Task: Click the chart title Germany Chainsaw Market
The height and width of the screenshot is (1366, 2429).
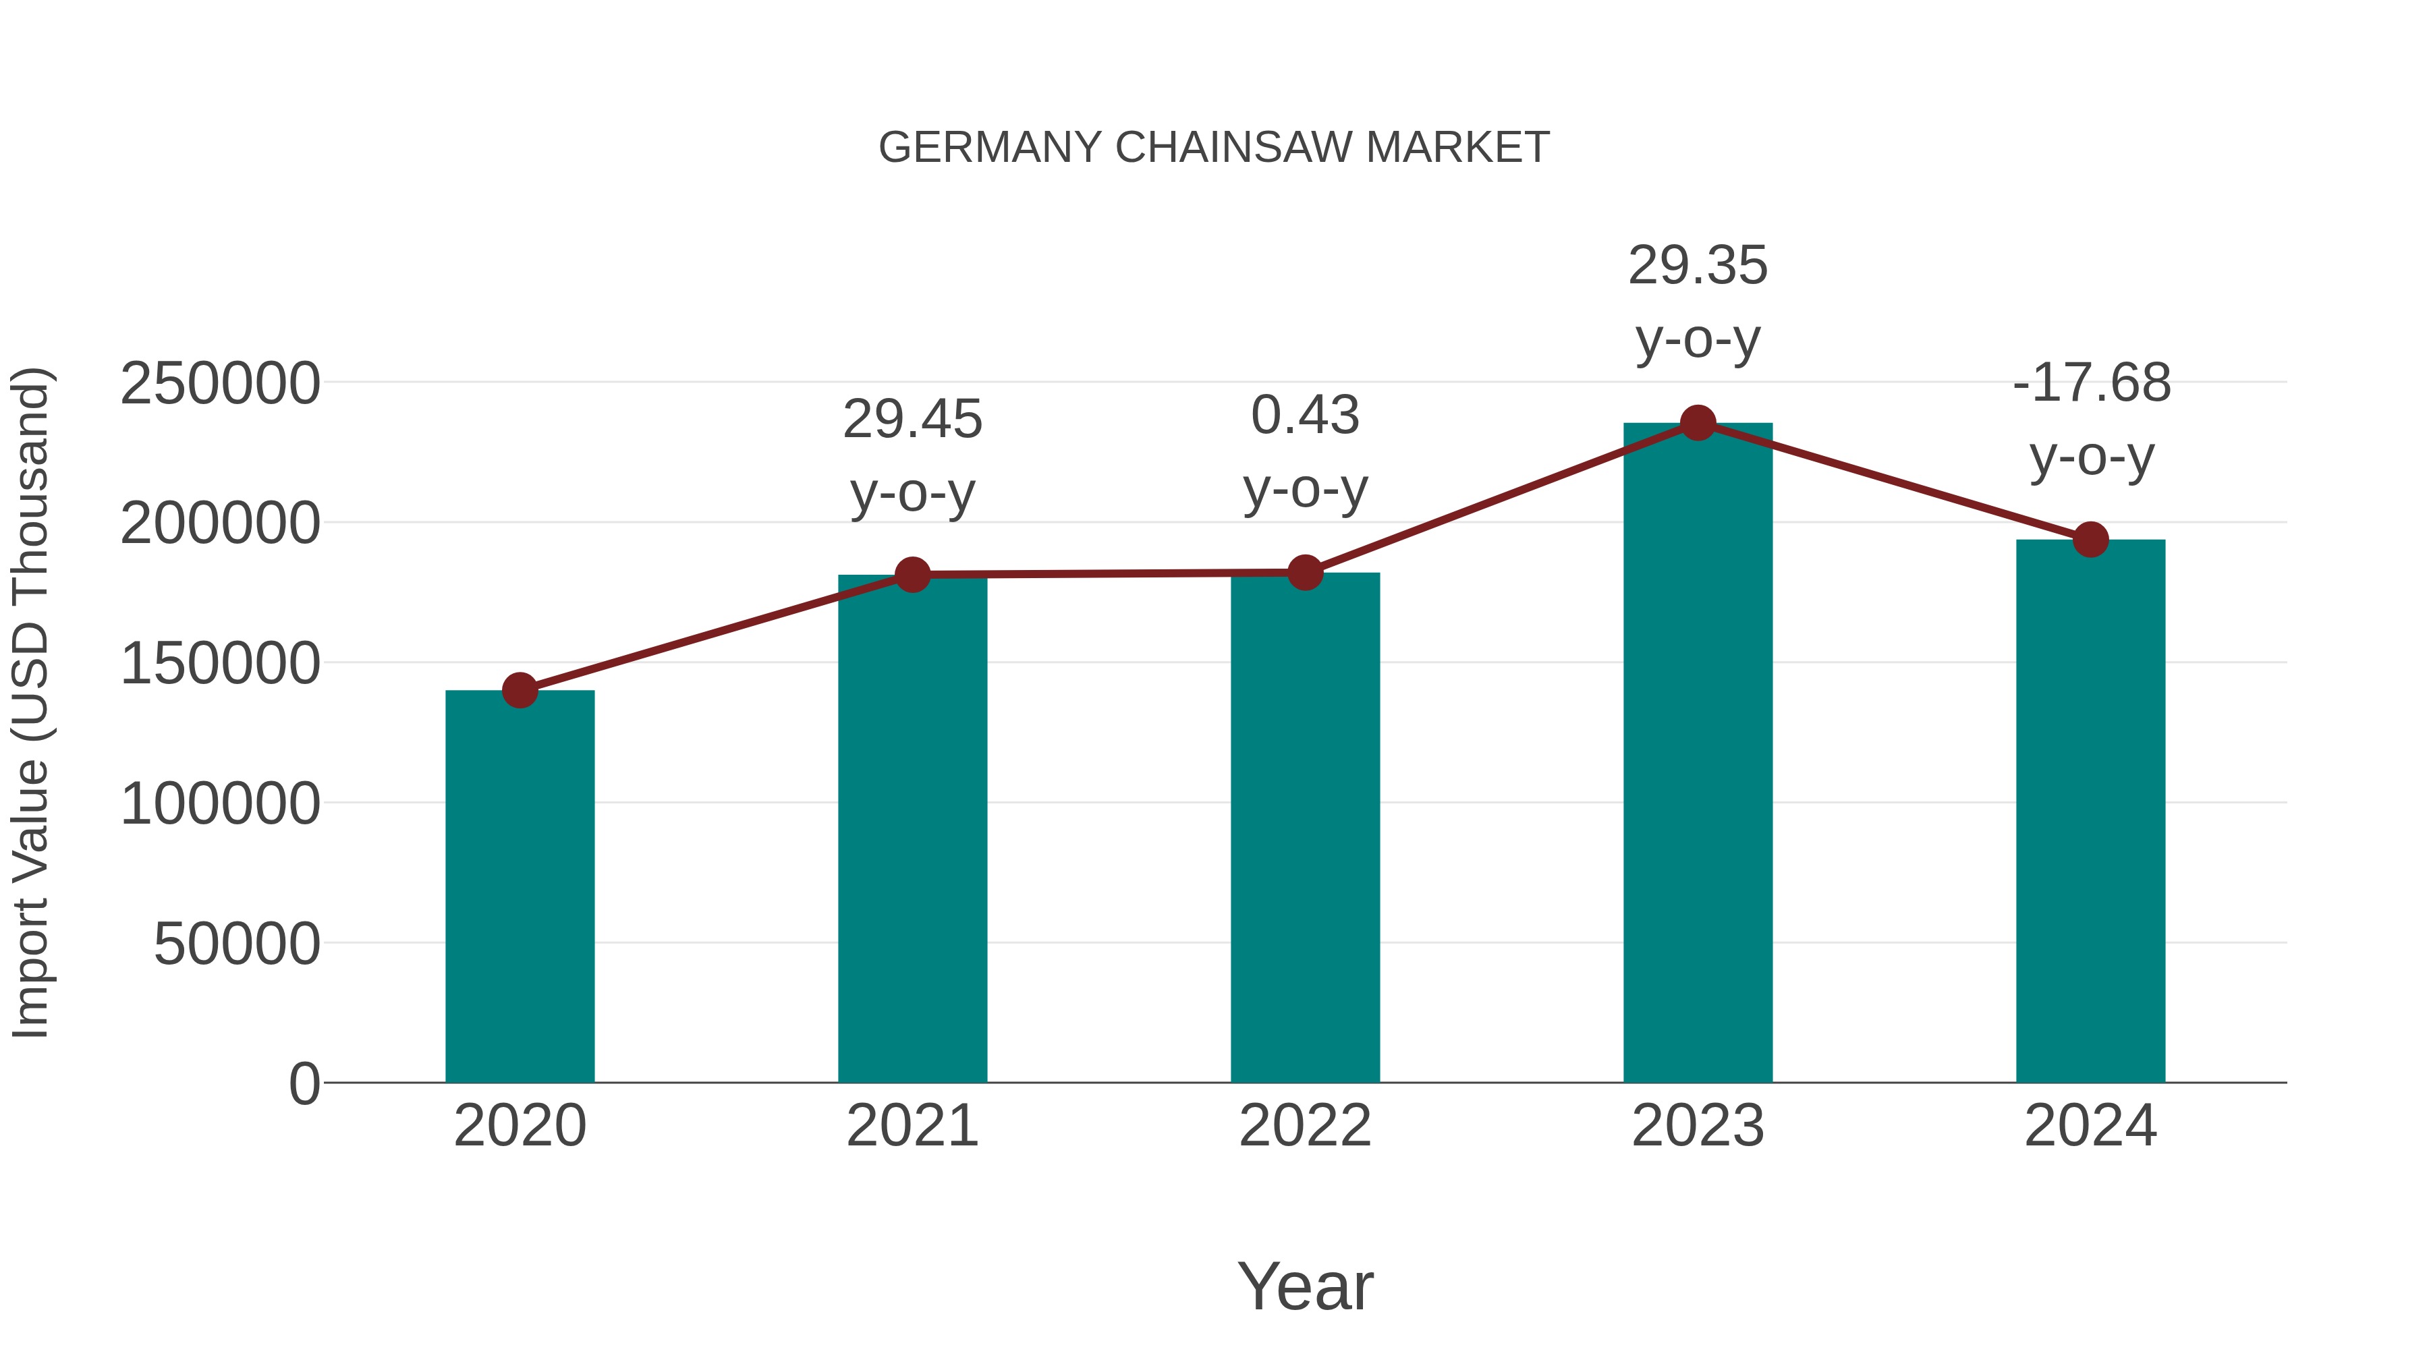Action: pos(1214,148)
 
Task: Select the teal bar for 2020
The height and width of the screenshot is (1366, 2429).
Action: pos(520,886)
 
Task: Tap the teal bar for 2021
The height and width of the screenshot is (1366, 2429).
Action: pos(912,830)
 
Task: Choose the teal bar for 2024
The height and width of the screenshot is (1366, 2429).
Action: pos(2090,811)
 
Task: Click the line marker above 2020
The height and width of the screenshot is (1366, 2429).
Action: pos(520,690)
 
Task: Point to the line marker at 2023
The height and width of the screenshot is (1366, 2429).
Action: pos(1698,423)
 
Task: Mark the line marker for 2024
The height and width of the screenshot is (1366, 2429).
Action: pos(2090,539)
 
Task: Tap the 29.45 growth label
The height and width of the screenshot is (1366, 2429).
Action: pos(912,420)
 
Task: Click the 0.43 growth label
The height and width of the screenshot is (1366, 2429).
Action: pos(1305,416)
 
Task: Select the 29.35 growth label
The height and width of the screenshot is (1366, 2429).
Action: pos(1698,266)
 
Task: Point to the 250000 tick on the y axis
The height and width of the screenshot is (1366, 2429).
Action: pos(220,384)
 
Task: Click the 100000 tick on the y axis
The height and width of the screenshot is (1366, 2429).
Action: pos(220,804)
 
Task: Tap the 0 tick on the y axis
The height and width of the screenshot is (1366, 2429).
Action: pos(304,1083)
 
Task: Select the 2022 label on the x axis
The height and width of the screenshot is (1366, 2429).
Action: pos(1305,1126)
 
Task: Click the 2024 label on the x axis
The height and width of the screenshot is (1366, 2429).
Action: pos(2090,1126)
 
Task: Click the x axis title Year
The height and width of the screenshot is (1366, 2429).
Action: pos(1305,1286)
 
